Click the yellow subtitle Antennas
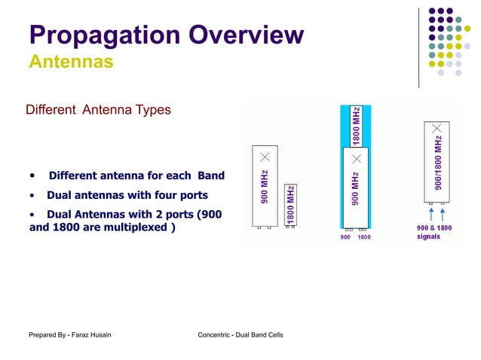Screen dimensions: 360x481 click(71, 61)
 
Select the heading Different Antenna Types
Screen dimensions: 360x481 click(98, 110)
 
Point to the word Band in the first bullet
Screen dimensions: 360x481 click(211, 176)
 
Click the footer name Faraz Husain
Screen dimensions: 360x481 click(90, 334)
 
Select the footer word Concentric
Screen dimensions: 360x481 click(217, 334)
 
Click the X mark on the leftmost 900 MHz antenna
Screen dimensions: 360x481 click(265, 157)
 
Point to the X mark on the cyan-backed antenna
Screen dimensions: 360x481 click(356, 159)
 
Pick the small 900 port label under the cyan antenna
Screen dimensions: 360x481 click(345, 237)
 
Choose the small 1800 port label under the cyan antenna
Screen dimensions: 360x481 click(364, 237)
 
